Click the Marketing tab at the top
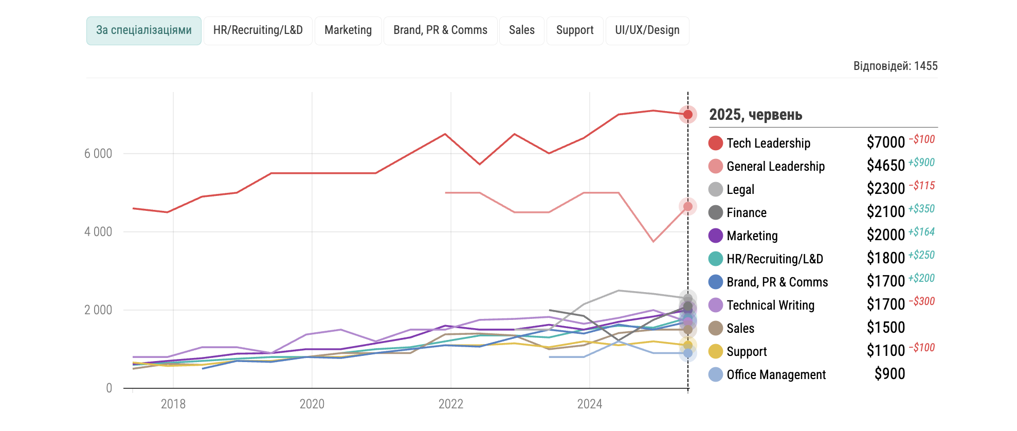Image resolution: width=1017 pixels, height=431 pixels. click(348, 30)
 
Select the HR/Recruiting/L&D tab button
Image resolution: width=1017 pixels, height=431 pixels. click(258, 30)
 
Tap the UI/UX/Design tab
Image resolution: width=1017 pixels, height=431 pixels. click(647, 30)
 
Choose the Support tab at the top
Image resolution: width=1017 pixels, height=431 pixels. click(574, 30)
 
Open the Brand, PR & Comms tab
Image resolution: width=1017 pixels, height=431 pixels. click(440, 30)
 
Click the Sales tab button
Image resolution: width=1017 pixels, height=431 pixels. click(521, 30)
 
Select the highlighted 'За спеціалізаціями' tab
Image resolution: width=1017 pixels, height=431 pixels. click(143, 30)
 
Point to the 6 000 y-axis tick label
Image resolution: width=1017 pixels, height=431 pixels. click(98, 154)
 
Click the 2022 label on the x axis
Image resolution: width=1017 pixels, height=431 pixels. click(450, 404)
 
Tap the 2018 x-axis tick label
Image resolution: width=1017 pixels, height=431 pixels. click(173, 404)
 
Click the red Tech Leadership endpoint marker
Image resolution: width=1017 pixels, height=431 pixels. click(688, 114)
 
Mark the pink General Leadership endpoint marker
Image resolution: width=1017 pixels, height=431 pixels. click(688, 207)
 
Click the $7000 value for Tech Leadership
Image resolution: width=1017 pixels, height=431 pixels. click(885, 142)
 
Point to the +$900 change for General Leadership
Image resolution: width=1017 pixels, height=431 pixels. click(921, 163)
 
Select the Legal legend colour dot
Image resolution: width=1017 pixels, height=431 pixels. click(715, 189)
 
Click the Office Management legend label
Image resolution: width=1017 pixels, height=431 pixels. click(776, 375)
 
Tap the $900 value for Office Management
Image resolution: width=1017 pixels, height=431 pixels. click(889, 374)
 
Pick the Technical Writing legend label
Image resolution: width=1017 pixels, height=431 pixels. click(770, 306)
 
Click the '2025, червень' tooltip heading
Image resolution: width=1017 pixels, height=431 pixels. click(755, 115)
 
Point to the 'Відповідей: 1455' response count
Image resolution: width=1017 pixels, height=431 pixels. click(895, 66)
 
